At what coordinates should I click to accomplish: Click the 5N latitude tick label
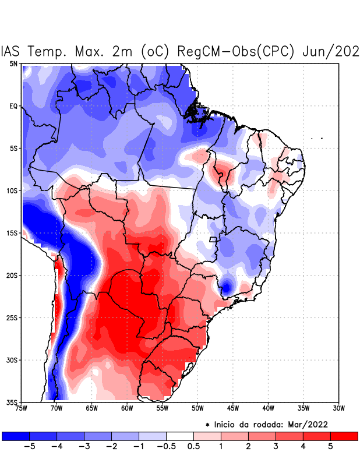pos(13,63)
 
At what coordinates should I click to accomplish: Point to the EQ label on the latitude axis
pos(13,106)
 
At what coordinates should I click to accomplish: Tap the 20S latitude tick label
pos(12,276)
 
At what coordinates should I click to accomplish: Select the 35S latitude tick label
pos(12,403)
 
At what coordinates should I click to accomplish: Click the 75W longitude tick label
pos(21,408)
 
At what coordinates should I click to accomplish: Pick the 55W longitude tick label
pos(162,408)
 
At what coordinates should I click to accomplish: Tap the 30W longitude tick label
pos(338,408)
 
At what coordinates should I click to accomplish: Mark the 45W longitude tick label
pos(232,408)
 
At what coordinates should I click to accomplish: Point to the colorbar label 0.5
pos(193,446)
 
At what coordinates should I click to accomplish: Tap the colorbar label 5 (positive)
pos(331,446)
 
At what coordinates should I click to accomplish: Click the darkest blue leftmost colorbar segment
pos(15,436)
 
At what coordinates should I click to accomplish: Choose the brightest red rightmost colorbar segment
pos(344,436)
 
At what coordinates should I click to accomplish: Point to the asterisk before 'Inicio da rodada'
pos(207,424)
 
